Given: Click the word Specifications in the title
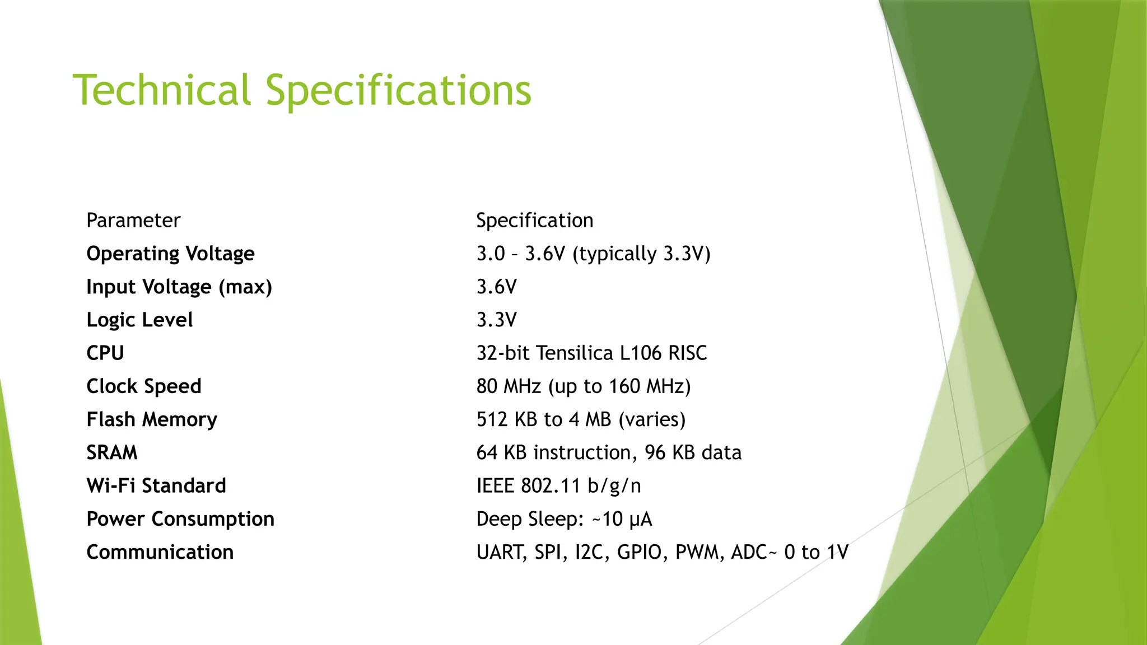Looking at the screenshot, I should click(398, 91).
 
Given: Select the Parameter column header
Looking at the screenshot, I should click(133, 221).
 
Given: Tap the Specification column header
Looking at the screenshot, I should click(534, 221).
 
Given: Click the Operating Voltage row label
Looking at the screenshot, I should click(170, 254).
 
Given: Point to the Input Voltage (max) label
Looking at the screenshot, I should click(179, 287).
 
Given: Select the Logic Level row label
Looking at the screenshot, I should click(139, 320).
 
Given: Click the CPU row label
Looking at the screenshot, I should click(105, 353).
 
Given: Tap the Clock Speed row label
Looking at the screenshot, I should click(144, 386).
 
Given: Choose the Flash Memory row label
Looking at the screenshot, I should click(152, 419).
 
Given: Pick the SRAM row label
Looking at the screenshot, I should click(112, 452).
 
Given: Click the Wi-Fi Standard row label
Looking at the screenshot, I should click(156, 485).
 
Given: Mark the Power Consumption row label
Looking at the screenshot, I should click(180, 519).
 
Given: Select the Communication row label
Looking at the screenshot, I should click(160, 552).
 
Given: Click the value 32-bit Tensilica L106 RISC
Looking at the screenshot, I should click(591, 353).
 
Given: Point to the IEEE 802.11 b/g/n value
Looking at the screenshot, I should click(558, 485).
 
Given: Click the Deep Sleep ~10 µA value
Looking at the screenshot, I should click(564, 519).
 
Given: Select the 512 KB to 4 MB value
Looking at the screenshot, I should click(581, 419).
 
